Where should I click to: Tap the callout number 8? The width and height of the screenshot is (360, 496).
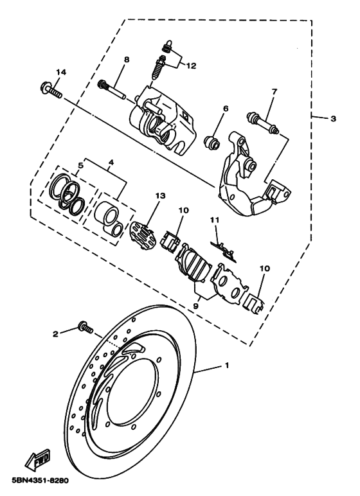pos(126,59)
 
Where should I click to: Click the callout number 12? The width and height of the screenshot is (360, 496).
pos(191,64)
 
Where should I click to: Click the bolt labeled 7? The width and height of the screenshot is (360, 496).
pos(261,122)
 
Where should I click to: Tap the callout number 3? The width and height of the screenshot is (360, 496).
pos(332,118)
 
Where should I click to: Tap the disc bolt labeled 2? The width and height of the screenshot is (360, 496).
pos(84,326)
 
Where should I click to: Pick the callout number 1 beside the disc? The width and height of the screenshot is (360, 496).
pos(225,366)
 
